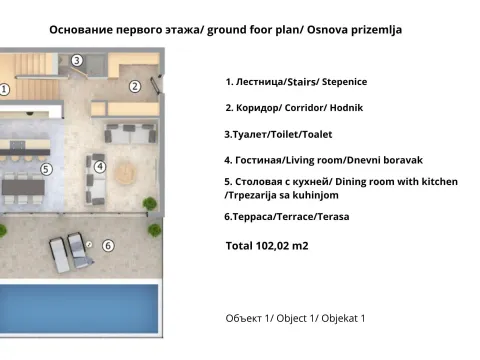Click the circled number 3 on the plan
[x=77, y=60]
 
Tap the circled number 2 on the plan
[x=134, y=86]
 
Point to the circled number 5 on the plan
[x=46, y=170]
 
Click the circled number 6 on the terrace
[x=108, y=244]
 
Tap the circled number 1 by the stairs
[x=4, y=89]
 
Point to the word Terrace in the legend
[x=292, y=216]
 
